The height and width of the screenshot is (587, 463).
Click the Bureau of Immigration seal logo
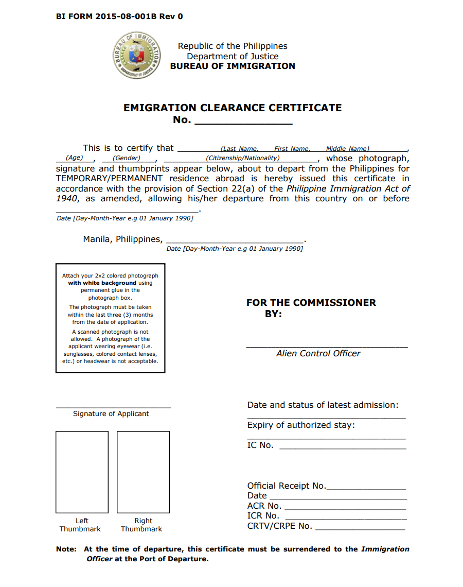click(137, 56)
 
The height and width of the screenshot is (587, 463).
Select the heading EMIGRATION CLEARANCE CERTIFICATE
click(233, 108)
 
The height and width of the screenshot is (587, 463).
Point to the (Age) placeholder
click(75, 158)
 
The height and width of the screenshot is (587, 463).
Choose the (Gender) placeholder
click(127, 158)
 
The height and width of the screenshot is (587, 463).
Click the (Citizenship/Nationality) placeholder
click(243, 158)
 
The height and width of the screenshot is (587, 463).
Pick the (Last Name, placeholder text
click(239, 149)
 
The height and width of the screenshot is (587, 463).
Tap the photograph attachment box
click(111, 318)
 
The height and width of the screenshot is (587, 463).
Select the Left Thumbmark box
click(82, 472)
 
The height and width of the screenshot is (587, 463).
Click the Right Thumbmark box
click(143, 472)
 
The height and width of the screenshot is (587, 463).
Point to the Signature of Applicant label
click(111, 413)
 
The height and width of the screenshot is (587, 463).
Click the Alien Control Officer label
click(318, 353)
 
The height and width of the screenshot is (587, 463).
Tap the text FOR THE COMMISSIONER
click(311, 303)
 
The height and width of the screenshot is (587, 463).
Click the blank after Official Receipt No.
click(366, 487)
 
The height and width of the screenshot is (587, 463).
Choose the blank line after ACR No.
click(345, 507)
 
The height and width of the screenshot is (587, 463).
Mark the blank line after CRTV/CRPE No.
click(360, 527)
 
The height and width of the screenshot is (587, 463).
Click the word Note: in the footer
click(66, 549)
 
